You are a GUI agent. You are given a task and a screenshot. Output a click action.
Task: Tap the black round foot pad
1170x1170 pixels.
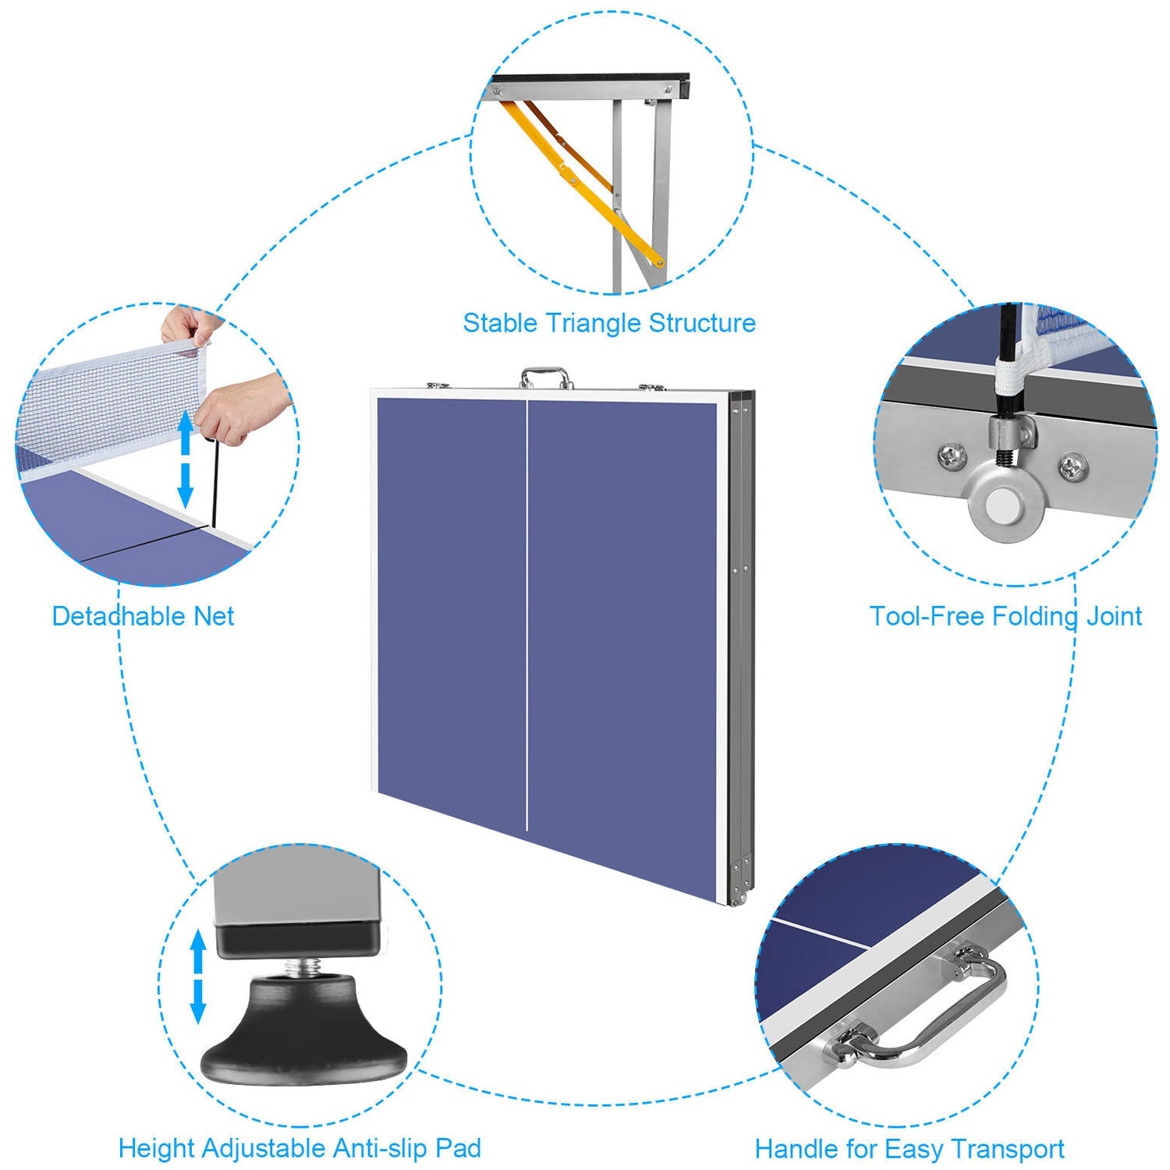tap(304, 1037)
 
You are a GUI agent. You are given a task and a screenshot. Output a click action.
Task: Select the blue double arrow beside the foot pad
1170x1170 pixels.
tap(198, 976)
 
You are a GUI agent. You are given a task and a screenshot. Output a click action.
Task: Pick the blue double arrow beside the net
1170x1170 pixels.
tap(185, 460)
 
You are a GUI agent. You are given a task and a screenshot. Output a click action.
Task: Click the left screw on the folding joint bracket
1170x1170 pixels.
tap(951, 456)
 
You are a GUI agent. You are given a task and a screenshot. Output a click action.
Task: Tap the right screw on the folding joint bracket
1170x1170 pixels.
tap(1073, 467)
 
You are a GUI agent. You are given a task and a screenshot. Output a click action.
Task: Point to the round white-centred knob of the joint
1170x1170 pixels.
tap(999, 507)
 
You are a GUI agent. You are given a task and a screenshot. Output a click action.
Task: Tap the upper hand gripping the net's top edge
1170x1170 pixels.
tap(187, 324)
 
